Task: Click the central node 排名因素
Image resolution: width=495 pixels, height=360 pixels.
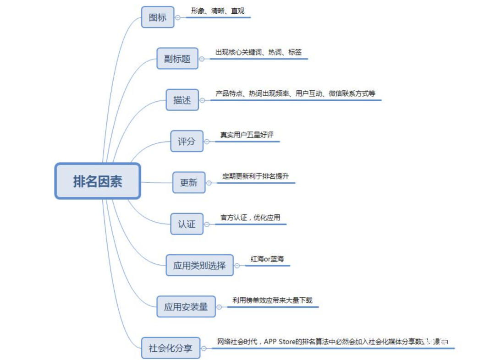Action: (x=98, y=181)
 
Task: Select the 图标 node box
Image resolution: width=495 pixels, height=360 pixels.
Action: (x=158, y=17)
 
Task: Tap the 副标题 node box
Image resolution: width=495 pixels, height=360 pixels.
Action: (x=177, y=59)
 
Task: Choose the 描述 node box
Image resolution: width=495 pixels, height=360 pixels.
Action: (x=182, y=100)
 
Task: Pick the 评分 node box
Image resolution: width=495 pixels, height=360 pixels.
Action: (x=187, y=142)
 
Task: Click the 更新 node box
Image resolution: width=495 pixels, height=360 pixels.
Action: (x=188, y=183)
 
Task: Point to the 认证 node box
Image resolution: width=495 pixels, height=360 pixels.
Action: (x=187, y=224)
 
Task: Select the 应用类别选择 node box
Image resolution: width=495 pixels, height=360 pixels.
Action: (x=199, y=265)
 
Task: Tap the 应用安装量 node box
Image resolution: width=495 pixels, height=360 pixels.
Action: (x=186, y=306)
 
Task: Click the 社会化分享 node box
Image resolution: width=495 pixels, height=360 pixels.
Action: (x=170, y=348)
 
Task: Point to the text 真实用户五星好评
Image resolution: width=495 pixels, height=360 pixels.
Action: (x=247, y=135)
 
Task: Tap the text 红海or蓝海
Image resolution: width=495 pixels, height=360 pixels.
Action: (x=267, y=259)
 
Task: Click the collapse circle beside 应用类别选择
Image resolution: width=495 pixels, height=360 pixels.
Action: (x=237, y=265)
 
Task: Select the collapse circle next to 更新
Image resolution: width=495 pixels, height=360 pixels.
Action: (x=209, y=183)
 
